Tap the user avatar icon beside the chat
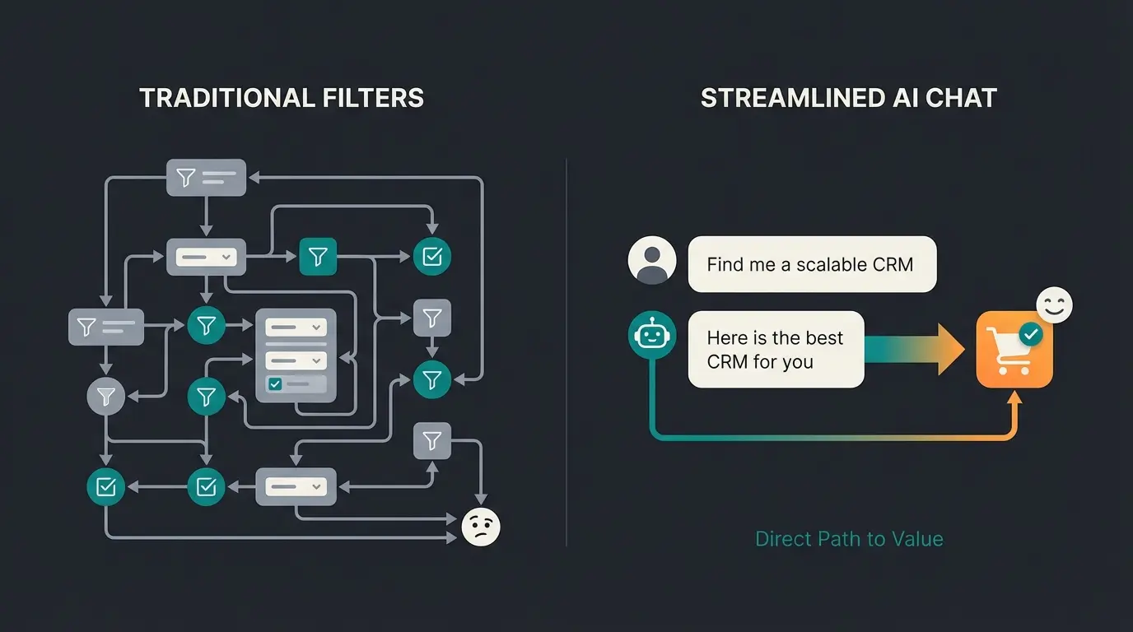651,262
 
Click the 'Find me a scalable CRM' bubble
811,264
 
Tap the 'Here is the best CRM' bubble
776,350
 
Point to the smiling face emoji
1054,305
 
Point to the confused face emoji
480,526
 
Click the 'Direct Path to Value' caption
849,539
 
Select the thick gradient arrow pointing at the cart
914,349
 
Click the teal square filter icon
318,258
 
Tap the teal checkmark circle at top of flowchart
431,257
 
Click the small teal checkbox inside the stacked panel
275,384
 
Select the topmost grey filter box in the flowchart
206,177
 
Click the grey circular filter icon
105,397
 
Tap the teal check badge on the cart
1030,333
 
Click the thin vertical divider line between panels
566,354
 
